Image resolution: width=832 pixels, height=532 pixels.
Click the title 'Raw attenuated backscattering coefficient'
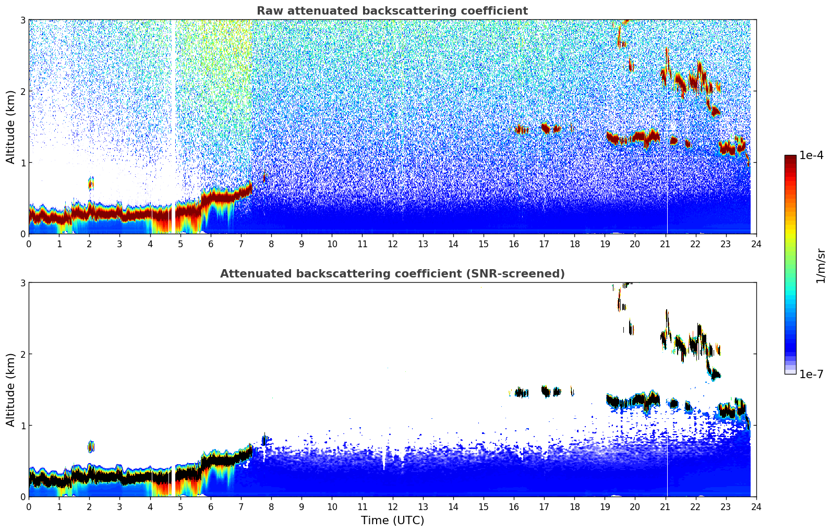tap(392, 11)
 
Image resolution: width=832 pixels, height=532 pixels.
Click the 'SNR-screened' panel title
tap(392, 274)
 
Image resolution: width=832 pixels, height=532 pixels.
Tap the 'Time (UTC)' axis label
tap(392, 521)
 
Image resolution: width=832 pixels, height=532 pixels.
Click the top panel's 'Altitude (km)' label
tap(11, 127)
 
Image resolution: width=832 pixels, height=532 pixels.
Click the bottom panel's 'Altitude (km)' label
tap(11, 390)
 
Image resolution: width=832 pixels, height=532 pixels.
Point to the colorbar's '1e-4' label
tap(811, 155)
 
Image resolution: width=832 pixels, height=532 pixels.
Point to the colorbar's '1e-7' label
tap(811, 374)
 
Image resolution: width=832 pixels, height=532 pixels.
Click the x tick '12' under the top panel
tap(392, 244)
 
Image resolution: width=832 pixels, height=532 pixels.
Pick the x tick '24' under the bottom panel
tap(756, 506)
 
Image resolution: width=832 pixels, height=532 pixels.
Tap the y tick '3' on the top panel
tap(23, 20)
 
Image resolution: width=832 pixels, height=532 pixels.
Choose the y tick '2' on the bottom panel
tap(23, 354)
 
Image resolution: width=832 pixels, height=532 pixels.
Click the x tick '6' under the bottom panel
tap(211, 506)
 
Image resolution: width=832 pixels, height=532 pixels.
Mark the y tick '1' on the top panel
tap(23, 163)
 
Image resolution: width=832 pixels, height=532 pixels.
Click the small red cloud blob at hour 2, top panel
tap(91, 183)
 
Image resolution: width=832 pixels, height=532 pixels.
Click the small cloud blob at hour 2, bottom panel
tap(91, 446)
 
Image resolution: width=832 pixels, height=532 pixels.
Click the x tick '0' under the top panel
tap(29, 244)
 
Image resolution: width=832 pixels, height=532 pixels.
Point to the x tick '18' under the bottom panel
tap(574, 506)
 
